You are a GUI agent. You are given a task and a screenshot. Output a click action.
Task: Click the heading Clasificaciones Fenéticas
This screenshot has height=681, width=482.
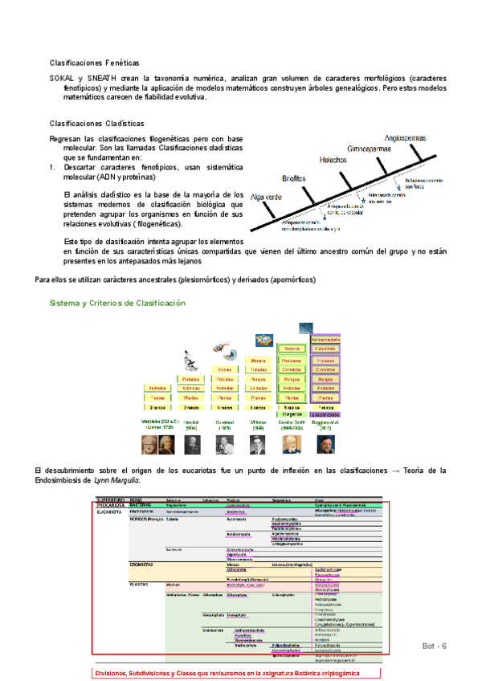[94, 62]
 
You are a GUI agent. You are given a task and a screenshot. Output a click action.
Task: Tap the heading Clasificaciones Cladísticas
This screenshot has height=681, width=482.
[97, 124]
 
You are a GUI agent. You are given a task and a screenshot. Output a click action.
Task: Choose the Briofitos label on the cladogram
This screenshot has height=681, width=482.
[298, 178]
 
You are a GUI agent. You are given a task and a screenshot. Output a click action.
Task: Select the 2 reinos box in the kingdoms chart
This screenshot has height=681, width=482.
[156, 408]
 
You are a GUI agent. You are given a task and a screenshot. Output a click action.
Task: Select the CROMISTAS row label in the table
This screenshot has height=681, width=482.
[141, 565]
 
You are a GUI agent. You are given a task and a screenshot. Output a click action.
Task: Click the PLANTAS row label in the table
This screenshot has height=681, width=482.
[139, 585]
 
